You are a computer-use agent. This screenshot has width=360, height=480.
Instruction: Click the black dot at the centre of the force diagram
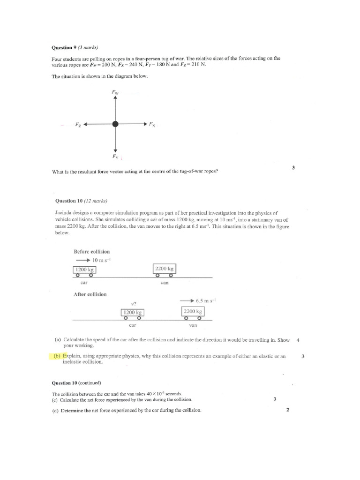click(115, 124)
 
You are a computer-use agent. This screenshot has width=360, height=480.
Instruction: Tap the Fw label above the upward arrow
click(115, 93)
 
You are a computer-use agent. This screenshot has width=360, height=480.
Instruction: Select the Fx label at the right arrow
click(152, 125)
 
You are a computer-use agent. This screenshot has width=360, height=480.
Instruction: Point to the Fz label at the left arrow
click(78, 125)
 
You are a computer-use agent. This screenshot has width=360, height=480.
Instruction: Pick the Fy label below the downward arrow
click(115, 156)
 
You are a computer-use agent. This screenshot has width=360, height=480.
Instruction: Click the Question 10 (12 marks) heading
click(81, 201)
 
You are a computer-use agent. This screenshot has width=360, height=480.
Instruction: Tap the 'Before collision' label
click(91, 252)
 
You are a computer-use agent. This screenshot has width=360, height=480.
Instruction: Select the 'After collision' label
click(90, 294)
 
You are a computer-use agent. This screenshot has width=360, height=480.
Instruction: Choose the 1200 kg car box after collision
click(132, 312)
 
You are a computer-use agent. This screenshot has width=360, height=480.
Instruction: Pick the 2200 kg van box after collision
click(193, 311)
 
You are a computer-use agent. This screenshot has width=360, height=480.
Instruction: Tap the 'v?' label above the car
click(133, 303)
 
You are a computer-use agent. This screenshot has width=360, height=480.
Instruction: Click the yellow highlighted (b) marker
click(57, 356)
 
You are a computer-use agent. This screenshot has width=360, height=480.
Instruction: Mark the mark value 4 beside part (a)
click(298, 340)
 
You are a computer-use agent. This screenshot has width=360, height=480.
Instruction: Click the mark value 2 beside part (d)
click(288, 410)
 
